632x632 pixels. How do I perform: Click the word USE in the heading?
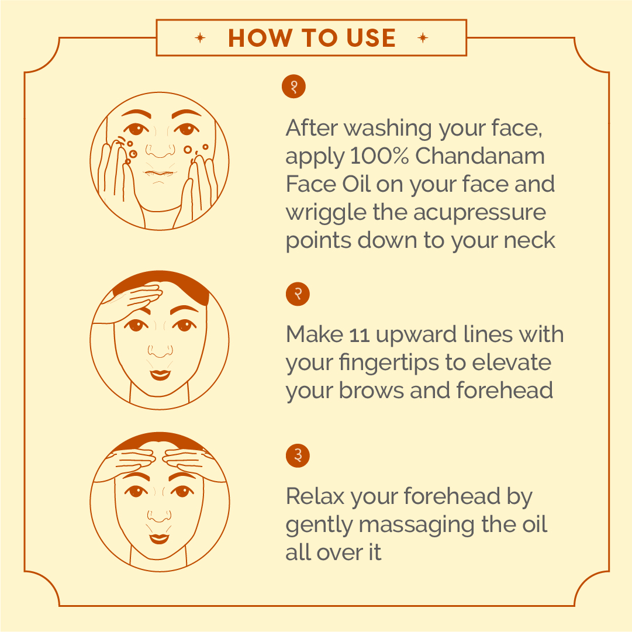click(x=371, y=38)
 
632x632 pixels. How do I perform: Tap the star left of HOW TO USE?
click(x=200, y=38)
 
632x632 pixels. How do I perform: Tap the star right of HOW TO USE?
click(x=423, y=38)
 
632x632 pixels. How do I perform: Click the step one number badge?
click(x=294, y=87)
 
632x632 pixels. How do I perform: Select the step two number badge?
click(x=298, y=294)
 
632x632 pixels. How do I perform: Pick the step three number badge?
click(x=298, y=456)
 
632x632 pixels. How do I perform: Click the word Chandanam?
click(x=480, y=156)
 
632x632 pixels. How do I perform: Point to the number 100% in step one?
click(x=379, y=156)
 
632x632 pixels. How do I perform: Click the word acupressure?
click(x=479, y=213)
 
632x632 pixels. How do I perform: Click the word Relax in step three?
click(x=315, y=496)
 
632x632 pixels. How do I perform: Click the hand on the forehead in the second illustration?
click(x=129, y=302)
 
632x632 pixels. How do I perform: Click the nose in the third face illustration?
click(x=159, y=516)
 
